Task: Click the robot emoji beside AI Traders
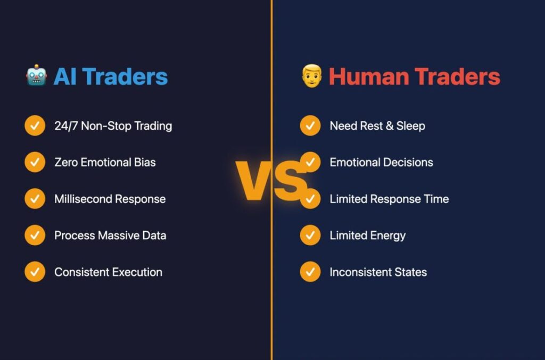point(37,75)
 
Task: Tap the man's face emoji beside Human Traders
point(312,76)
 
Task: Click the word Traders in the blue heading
point(125,77)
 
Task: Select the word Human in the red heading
point(368,77)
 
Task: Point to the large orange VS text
point(271,180)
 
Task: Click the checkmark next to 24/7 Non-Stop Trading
point(35,125)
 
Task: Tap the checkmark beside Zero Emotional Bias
point(35,162)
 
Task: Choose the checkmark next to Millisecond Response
point(35,198)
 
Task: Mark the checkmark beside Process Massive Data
point(35,235)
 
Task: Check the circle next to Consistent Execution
point(35,272)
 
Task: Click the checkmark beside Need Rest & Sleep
point(310,125)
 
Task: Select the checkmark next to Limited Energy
point(310,235)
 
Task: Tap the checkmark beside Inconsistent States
point(310,272)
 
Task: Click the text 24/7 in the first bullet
point(66,125)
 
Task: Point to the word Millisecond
point(83,199)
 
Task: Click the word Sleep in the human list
point(410,126)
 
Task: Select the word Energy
point(388,236)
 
